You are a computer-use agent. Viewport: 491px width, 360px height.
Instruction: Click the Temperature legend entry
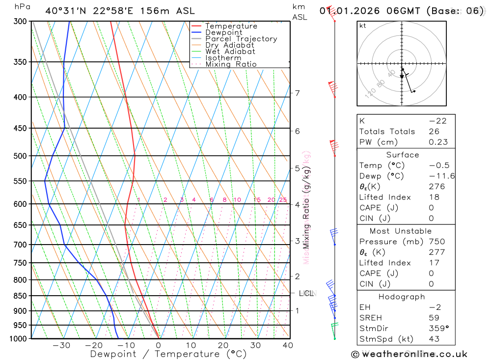[231, 26]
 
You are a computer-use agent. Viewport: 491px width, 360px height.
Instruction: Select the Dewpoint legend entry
[223, 32]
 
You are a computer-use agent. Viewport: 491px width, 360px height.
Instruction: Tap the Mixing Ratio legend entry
[231, 64]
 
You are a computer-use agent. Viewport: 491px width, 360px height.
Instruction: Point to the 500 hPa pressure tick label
[20, 156]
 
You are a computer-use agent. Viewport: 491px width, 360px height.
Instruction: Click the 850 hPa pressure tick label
[20, 296]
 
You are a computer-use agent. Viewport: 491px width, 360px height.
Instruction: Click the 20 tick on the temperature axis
[223, 345]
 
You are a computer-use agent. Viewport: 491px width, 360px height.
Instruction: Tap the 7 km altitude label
[298, 93]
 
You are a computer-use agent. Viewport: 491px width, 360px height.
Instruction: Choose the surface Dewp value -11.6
[441, 176]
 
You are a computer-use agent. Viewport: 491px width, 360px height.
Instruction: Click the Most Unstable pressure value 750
[436, 242]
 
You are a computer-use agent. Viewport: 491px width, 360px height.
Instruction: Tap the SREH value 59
[434, 318]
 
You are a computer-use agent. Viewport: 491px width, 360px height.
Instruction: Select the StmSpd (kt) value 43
[434, 339]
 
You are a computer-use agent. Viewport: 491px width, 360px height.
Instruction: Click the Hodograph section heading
[402, 297]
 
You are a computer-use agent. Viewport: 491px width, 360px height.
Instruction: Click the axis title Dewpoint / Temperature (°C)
[168, 354]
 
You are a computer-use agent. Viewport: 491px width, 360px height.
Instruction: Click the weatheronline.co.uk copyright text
[409, 354]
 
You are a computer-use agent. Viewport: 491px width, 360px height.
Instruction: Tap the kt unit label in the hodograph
[362, 26]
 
